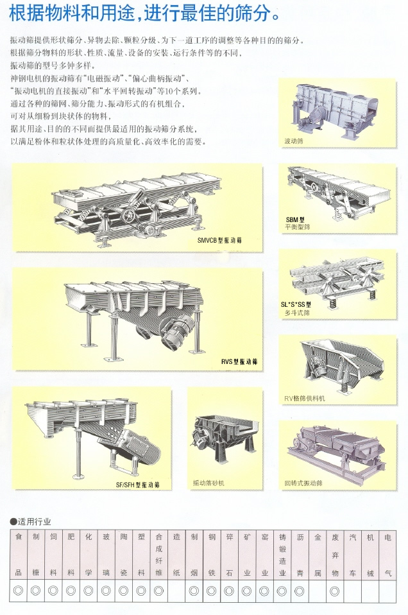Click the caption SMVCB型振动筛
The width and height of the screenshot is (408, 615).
(x=219, y=241)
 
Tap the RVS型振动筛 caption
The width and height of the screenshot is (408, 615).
(x=239, y=361)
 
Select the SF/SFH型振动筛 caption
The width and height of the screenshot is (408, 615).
(x=137, y=485)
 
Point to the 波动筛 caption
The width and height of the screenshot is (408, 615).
(x=294, y=141)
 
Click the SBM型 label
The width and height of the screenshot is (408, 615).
(x=295, y=220)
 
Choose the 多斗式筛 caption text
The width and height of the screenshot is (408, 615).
(x=296, y=313)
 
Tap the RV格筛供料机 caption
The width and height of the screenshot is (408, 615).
(x=305, y=399)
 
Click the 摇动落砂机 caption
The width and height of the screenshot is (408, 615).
(x=208, y=483)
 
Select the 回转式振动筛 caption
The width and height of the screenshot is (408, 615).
(x=303, y=483)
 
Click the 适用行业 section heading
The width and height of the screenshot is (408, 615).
(x=31, y=522)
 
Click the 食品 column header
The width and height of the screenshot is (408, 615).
(x=19, y=555)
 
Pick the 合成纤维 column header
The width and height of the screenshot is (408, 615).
(x=158, y=555)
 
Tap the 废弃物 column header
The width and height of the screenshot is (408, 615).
(x=335, y=555)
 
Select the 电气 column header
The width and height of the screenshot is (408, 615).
(x=388, y=555)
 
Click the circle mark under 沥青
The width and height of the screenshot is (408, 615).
(x=300, y=591)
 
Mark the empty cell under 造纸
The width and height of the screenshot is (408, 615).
(x=176, y=591)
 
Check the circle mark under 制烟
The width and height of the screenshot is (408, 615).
(x=194, y=591)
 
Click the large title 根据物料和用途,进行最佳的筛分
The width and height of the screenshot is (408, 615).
(x=144, y=13)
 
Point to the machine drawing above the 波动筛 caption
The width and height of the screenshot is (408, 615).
(x=335, y=110)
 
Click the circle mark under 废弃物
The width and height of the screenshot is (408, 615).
(x=335, y=591)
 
